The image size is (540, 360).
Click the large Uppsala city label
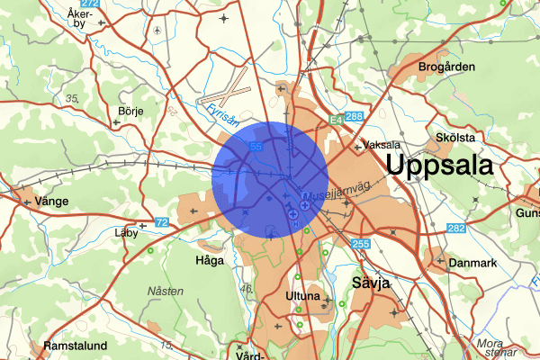pos(439,166)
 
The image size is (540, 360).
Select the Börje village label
pos(130,111)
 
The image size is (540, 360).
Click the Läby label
pos(128,231)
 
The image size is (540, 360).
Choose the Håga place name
pos(209,260)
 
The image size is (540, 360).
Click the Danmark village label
pos(473,263)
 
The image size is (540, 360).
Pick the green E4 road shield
pos(335,117)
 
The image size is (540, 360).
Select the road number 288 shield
pos(354,117)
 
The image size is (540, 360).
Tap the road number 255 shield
pos(362,243)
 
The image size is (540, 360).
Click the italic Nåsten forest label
pos(166,291)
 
